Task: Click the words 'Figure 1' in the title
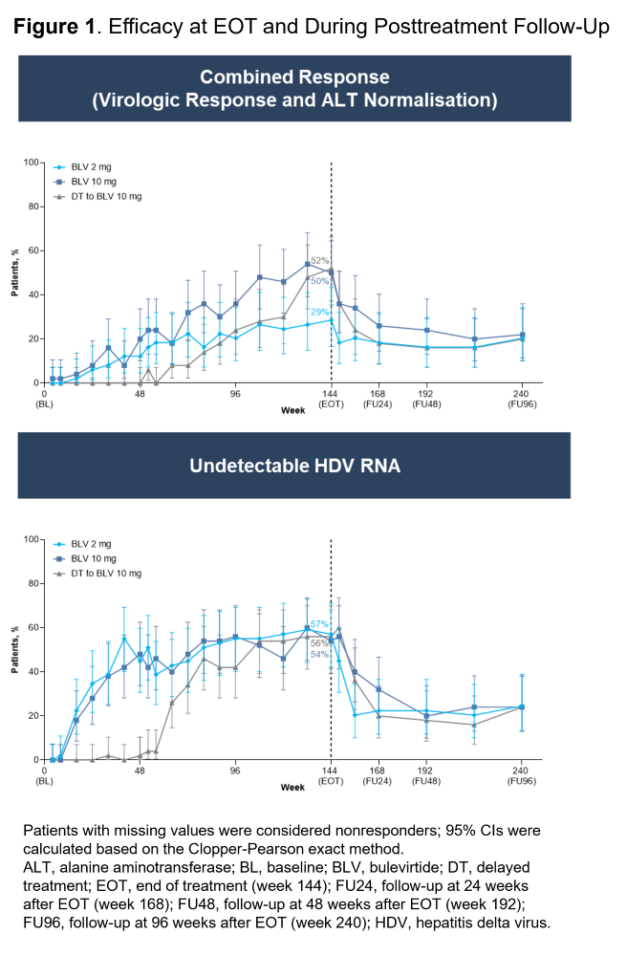55,26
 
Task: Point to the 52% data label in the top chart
319,260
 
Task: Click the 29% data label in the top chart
319,312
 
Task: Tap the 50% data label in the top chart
319,281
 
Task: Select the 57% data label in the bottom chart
319,624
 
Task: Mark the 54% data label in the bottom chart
319,654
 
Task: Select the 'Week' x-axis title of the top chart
292,410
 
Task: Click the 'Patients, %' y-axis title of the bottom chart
15,650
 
